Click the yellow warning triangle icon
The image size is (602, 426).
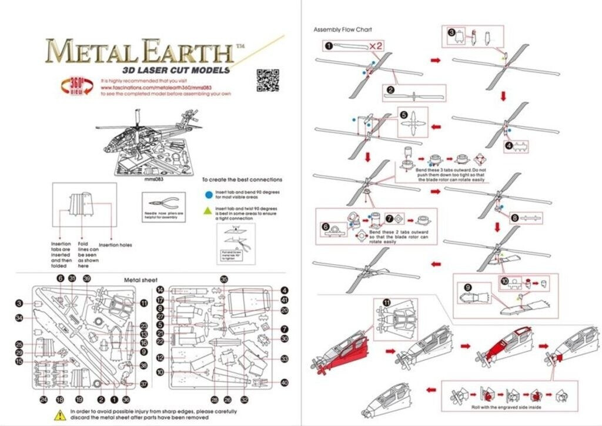point(60,414)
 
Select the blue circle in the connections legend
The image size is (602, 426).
point(208,193)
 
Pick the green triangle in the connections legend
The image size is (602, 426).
point(208,209)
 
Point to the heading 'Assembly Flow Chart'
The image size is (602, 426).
point(343,29)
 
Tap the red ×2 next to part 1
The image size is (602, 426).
point(376,46)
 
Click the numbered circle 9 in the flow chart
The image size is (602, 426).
point(468,287)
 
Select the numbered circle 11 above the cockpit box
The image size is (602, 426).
point(386,302)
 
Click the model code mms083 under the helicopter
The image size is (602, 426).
point(153,181)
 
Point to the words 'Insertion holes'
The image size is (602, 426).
point(115,245)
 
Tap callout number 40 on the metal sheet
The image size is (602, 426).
point(285,382)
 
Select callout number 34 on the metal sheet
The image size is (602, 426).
point(19,318)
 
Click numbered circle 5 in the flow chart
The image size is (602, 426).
point(404,115)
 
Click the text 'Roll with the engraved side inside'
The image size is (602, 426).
point(507,407)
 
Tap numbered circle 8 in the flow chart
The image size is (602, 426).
point(515,217)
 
